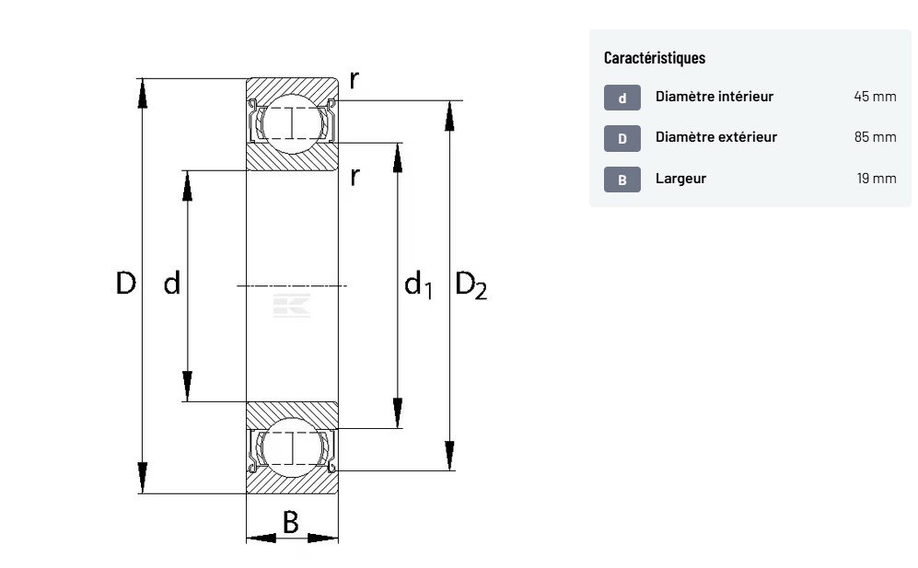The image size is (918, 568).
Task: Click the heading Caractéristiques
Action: tap(655, 58)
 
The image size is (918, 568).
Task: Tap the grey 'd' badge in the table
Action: tap(622, 98)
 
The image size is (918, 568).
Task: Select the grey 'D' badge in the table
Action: tap(622, 138)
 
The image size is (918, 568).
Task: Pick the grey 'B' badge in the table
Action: tap(622, 180)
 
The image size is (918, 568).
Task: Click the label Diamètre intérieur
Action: tap(715, 97)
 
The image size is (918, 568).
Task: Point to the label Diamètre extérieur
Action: tap(716, 137)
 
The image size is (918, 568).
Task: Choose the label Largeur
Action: tap(680, 179)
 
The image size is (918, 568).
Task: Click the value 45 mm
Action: tap(875, 97)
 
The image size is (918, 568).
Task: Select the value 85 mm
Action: tap(875, 137)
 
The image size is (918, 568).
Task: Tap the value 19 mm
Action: tap(877, 179)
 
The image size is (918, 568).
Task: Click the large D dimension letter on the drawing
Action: tap(125, 284)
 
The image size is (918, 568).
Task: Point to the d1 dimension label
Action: tap(417, 284)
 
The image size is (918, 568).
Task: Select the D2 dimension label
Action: tap(471, 285)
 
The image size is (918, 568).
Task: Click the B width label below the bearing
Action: tap(290, 523)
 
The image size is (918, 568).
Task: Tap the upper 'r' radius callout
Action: tap(354, 80)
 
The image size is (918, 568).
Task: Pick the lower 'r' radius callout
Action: tap(354, 176)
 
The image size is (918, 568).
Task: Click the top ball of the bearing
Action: tap(292, 119)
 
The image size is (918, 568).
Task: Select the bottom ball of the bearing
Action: tap(292, 448)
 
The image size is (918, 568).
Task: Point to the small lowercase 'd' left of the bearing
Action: tap(171, 284)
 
